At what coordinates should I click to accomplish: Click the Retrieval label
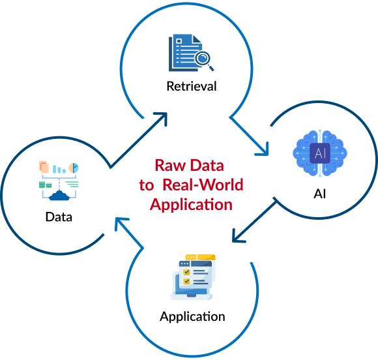coord(192,86)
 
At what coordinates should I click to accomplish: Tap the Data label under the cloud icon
coord(59,217)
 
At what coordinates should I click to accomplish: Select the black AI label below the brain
coord(319,194)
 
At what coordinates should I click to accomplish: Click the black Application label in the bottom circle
coord(192,317)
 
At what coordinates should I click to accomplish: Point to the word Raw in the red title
coord(170,166)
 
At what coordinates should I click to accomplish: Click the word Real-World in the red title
coord(203,185)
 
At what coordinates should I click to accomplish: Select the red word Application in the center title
coord(191,205)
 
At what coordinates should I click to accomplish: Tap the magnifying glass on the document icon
coord(204,60)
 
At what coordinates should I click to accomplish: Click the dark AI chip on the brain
coord(320,153)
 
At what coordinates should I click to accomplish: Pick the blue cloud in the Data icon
coord(59,196)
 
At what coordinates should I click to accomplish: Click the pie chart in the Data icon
coord(74,168)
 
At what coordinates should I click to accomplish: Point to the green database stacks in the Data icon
coord(46,185)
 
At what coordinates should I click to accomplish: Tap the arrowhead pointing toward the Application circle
coord(238,236)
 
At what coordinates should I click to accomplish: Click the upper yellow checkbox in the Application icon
coord(186,272)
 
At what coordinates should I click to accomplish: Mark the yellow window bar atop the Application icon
coord(200,257)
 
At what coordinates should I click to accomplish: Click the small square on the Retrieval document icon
coord(179,41)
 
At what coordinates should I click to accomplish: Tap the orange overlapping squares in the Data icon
coord(44,167)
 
